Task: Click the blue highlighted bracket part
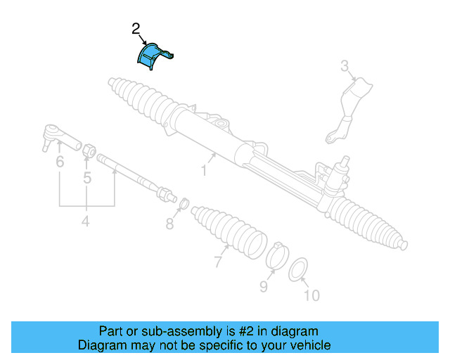pyautogui.click(x=151, y=56)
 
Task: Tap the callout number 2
pyautogui.click(x=136, y=29)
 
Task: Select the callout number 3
pyautogui.click(x=345, y=67)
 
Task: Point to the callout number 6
pyautogui.click(x=60, y=162)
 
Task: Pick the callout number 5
pyautogui.click(x=87, y=178)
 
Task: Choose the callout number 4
pyautogui.click(x=86, y=222)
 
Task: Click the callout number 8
pyautogui.click(x=169, y=224)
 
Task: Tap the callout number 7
pyautogui.click(x=218, y=262)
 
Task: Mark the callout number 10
pyautogui.click(x=311, y=295)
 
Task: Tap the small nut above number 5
pyautogui.click(x=89, y=150)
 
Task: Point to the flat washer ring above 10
pyautogui.click(x=298, y=268)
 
